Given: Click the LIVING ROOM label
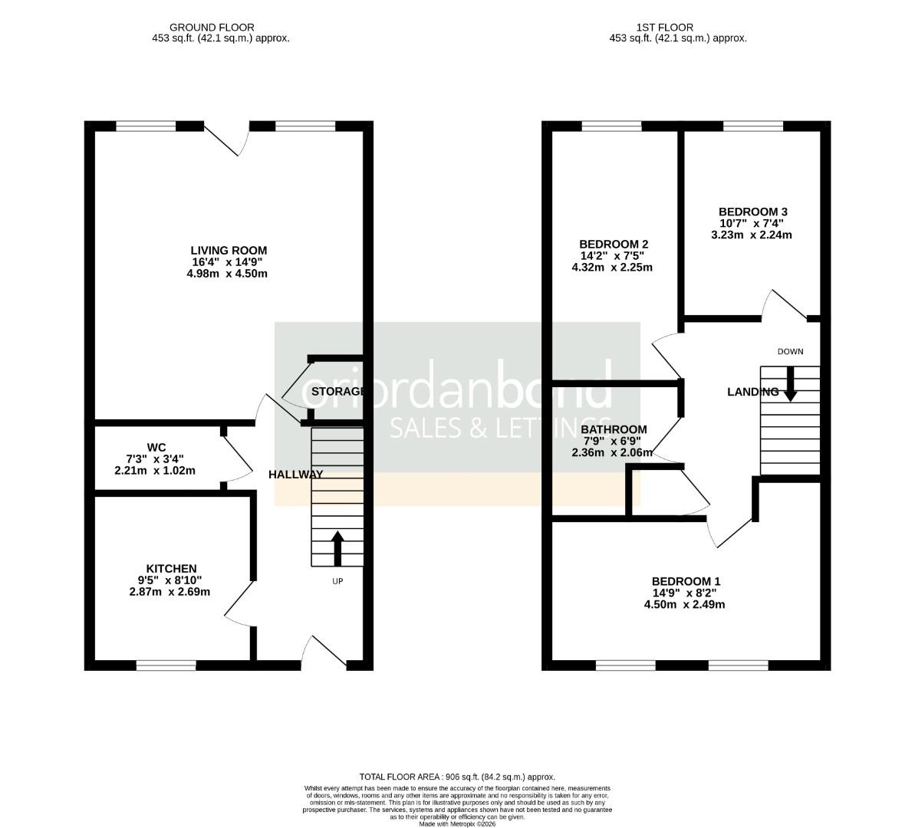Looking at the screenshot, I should point(229,250).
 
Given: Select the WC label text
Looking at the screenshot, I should point(156,447).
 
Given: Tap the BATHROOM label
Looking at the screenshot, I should point(614,429).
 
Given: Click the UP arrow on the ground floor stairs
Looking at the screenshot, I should point(337,546).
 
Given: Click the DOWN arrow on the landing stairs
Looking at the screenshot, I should point(789,383).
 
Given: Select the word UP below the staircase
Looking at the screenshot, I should point(337,581).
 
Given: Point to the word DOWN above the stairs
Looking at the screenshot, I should point(790,352).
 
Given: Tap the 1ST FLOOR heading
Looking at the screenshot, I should point(655,28).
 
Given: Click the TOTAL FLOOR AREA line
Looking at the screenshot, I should point(457,777).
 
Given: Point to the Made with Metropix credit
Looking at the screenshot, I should point(457,823).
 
